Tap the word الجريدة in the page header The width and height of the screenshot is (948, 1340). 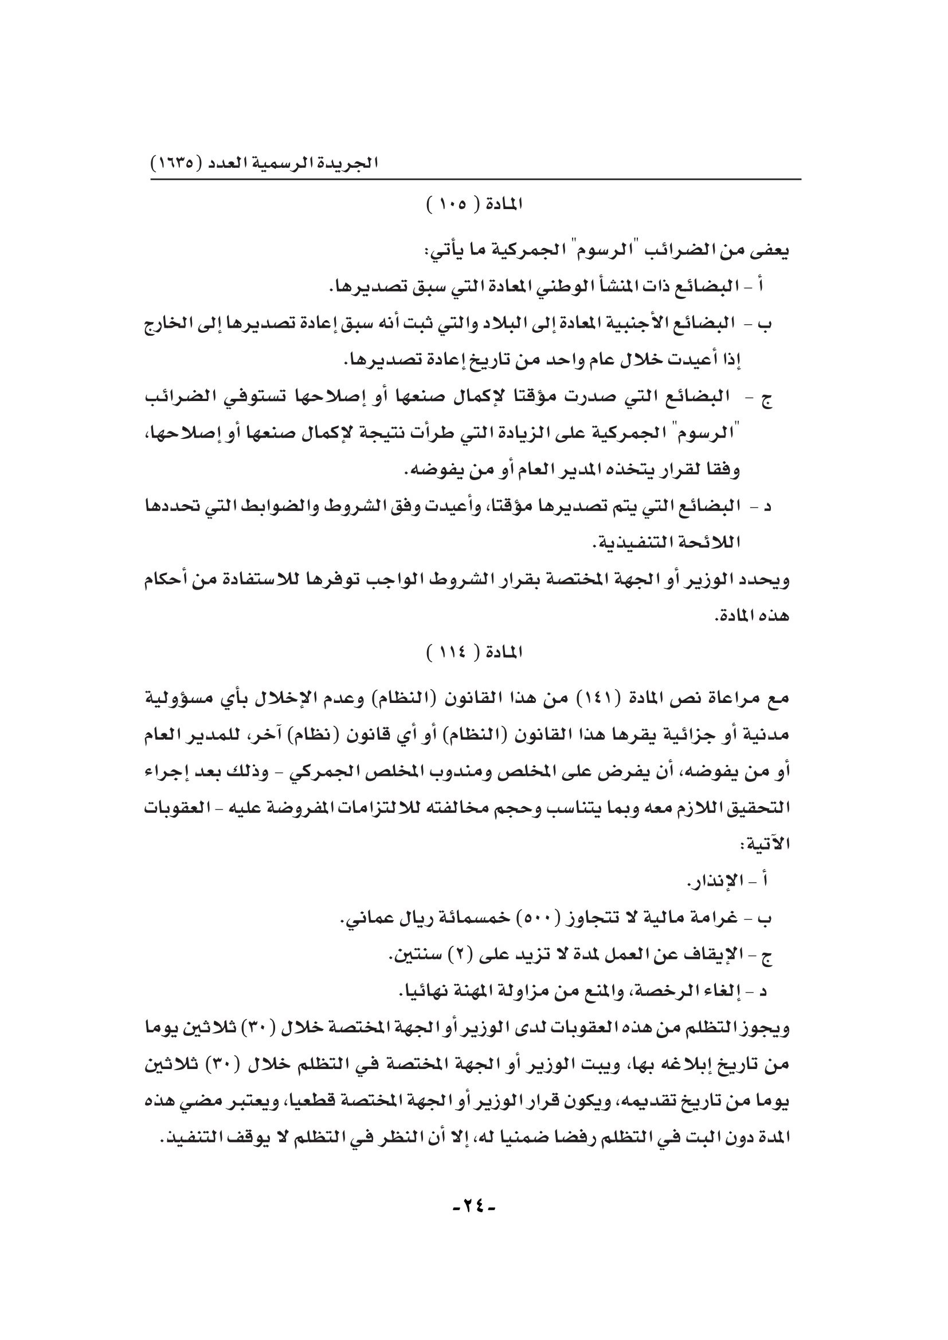(x=350, y=162)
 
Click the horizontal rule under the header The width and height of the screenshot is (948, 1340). (x=475, y=179)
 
